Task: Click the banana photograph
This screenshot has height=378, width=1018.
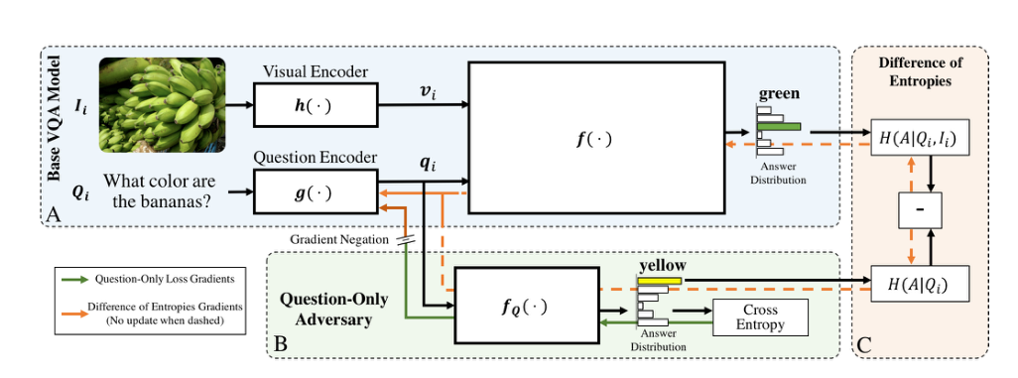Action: [x=162, y=104]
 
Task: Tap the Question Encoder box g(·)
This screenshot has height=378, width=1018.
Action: [x=315, y=189]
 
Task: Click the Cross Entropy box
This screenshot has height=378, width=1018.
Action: [x=761, y=316]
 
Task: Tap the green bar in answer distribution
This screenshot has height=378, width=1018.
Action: [x=779, y=126]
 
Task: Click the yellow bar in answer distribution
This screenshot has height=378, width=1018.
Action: [x=659, y=282]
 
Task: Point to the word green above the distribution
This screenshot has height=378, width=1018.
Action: [x=779, y=94]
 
